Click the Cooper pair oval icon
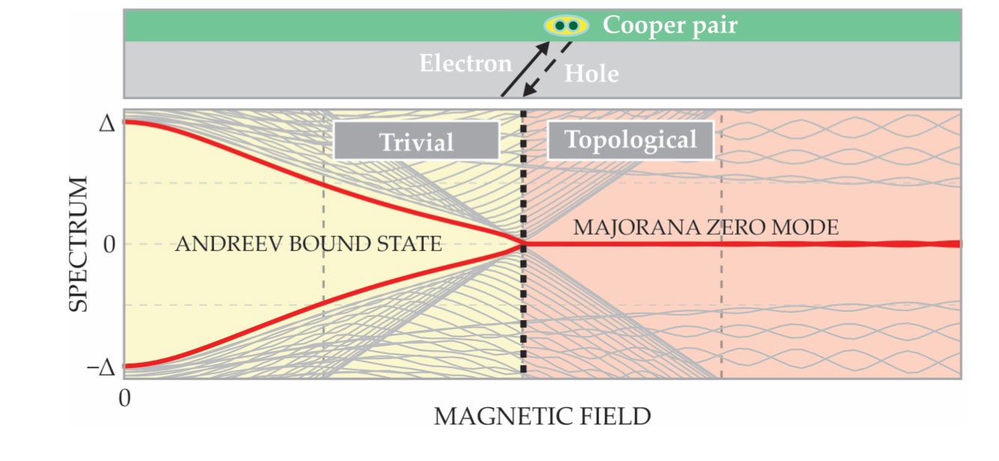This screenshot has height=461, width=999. [566, 25]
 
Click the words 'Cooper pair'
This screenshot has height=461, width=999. [670, 25]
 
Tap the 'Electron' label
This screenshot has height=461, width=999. [465, 63]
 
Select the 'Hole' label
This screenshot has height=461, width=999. [592, 73]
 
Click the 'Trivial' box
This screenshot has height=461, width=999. [416, 141]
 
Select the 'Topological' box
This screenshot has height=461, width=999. [631, 140]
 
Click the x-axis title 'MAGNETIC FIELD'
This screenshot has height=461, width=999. [542, 417]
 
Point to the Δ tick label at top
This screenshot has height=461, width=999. [108, 123]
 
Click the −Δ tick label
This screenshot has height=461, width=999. [103, 367]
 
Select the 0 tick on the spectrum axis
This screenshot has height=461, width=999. [108, 245]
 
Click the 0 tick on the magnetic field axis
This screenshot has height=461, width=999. [125, 397]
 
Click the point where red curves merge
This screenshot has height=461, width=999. [523, 244]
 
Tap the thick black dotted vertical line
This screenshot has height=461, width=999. [523, 315]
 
